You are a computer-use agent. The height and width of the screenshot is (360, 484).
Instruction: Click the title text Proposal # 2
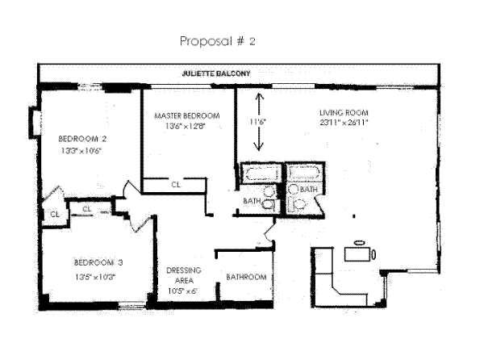pos(215,40)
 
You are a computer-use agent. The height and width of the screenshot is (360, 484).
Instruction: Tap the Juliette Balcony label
pos(215,73)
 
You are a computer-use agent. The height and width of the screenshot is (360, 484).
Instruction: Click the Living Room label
pos(343,112)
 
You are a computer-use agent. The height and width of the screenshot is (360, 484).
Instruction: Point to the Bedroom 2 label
pos(83,138)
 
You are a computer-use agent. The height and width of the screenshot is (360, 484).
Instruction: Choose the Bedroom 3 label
pos(98,262)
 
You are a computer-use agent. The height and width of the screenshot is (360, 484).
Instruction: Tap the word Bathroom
pos(246,277)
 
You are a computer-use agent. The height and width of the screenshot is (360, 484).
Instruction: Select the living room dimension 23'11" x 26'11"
pos(343,123)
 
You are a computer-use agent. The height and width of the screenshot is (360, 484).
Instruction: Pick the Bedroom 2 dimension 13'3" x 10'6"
pos(83,150)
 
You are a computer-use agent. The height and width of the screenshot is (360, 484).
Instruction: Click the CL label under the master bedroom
pos(175,185)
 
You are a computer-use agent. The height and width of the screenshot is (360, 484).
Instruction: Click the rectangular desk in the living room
pos(358,254)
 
